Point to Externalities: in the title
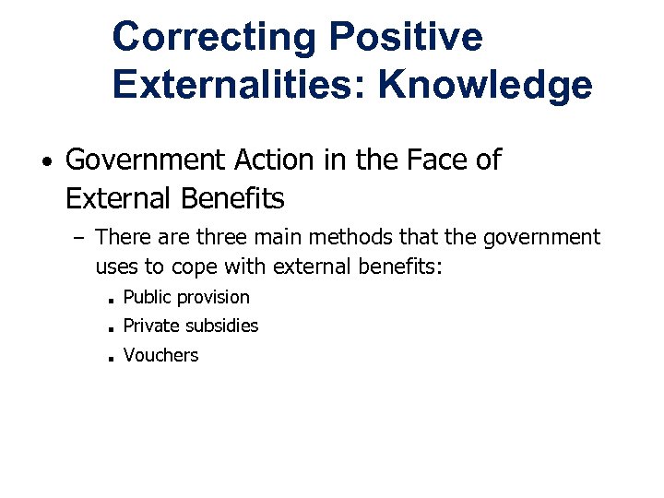pos(237,86)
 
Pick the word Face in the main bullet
pos(426,160)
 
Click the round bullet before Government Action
pos(45,163)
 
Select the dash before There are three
pos(78,239)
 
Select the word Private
pos(151,326)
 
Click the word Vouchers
pos(160,355)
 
